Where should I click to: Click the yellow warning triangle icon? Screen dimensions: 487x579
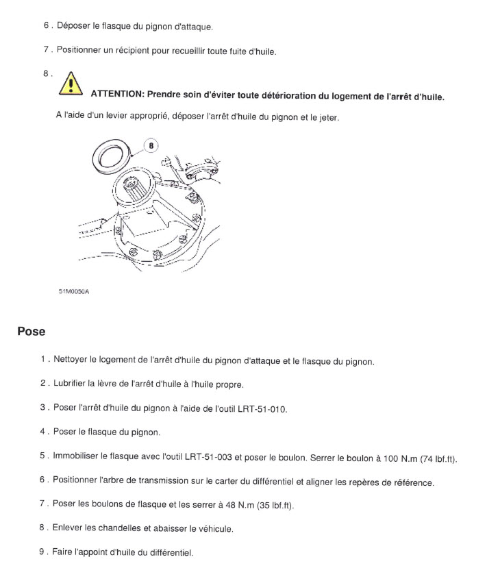tap(71, 84)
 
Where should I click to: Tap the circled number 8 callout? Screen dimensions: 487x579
tap(151, 145)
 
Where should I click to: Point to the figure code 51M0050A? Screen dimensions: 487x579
tap(74, 291)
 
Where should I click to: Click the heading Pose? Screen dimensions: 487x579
tap(32, 331)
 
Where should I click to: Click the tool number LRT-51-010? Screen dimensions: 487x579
tap(262, 409)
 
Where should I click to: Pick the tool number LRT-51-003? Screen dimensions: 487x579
tap(208, 457)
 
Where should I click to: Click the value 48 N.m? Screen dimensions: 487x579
tap(240, 505)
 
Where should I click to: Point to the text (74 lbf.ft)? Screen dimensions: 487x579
tap(438, 459)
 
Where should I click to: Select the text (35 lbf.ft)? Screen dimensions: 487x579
tap(275, 505)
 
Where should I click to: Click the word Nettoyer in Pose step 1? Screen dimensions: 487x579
tap(70, 359)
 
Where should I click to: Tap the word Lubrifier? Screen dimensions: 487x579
tap(69, 383)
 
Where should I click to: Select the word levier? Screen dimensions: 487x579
tap(116, 116)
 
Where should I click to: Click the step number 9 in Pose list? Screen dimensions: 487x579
tap(42, 552)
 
